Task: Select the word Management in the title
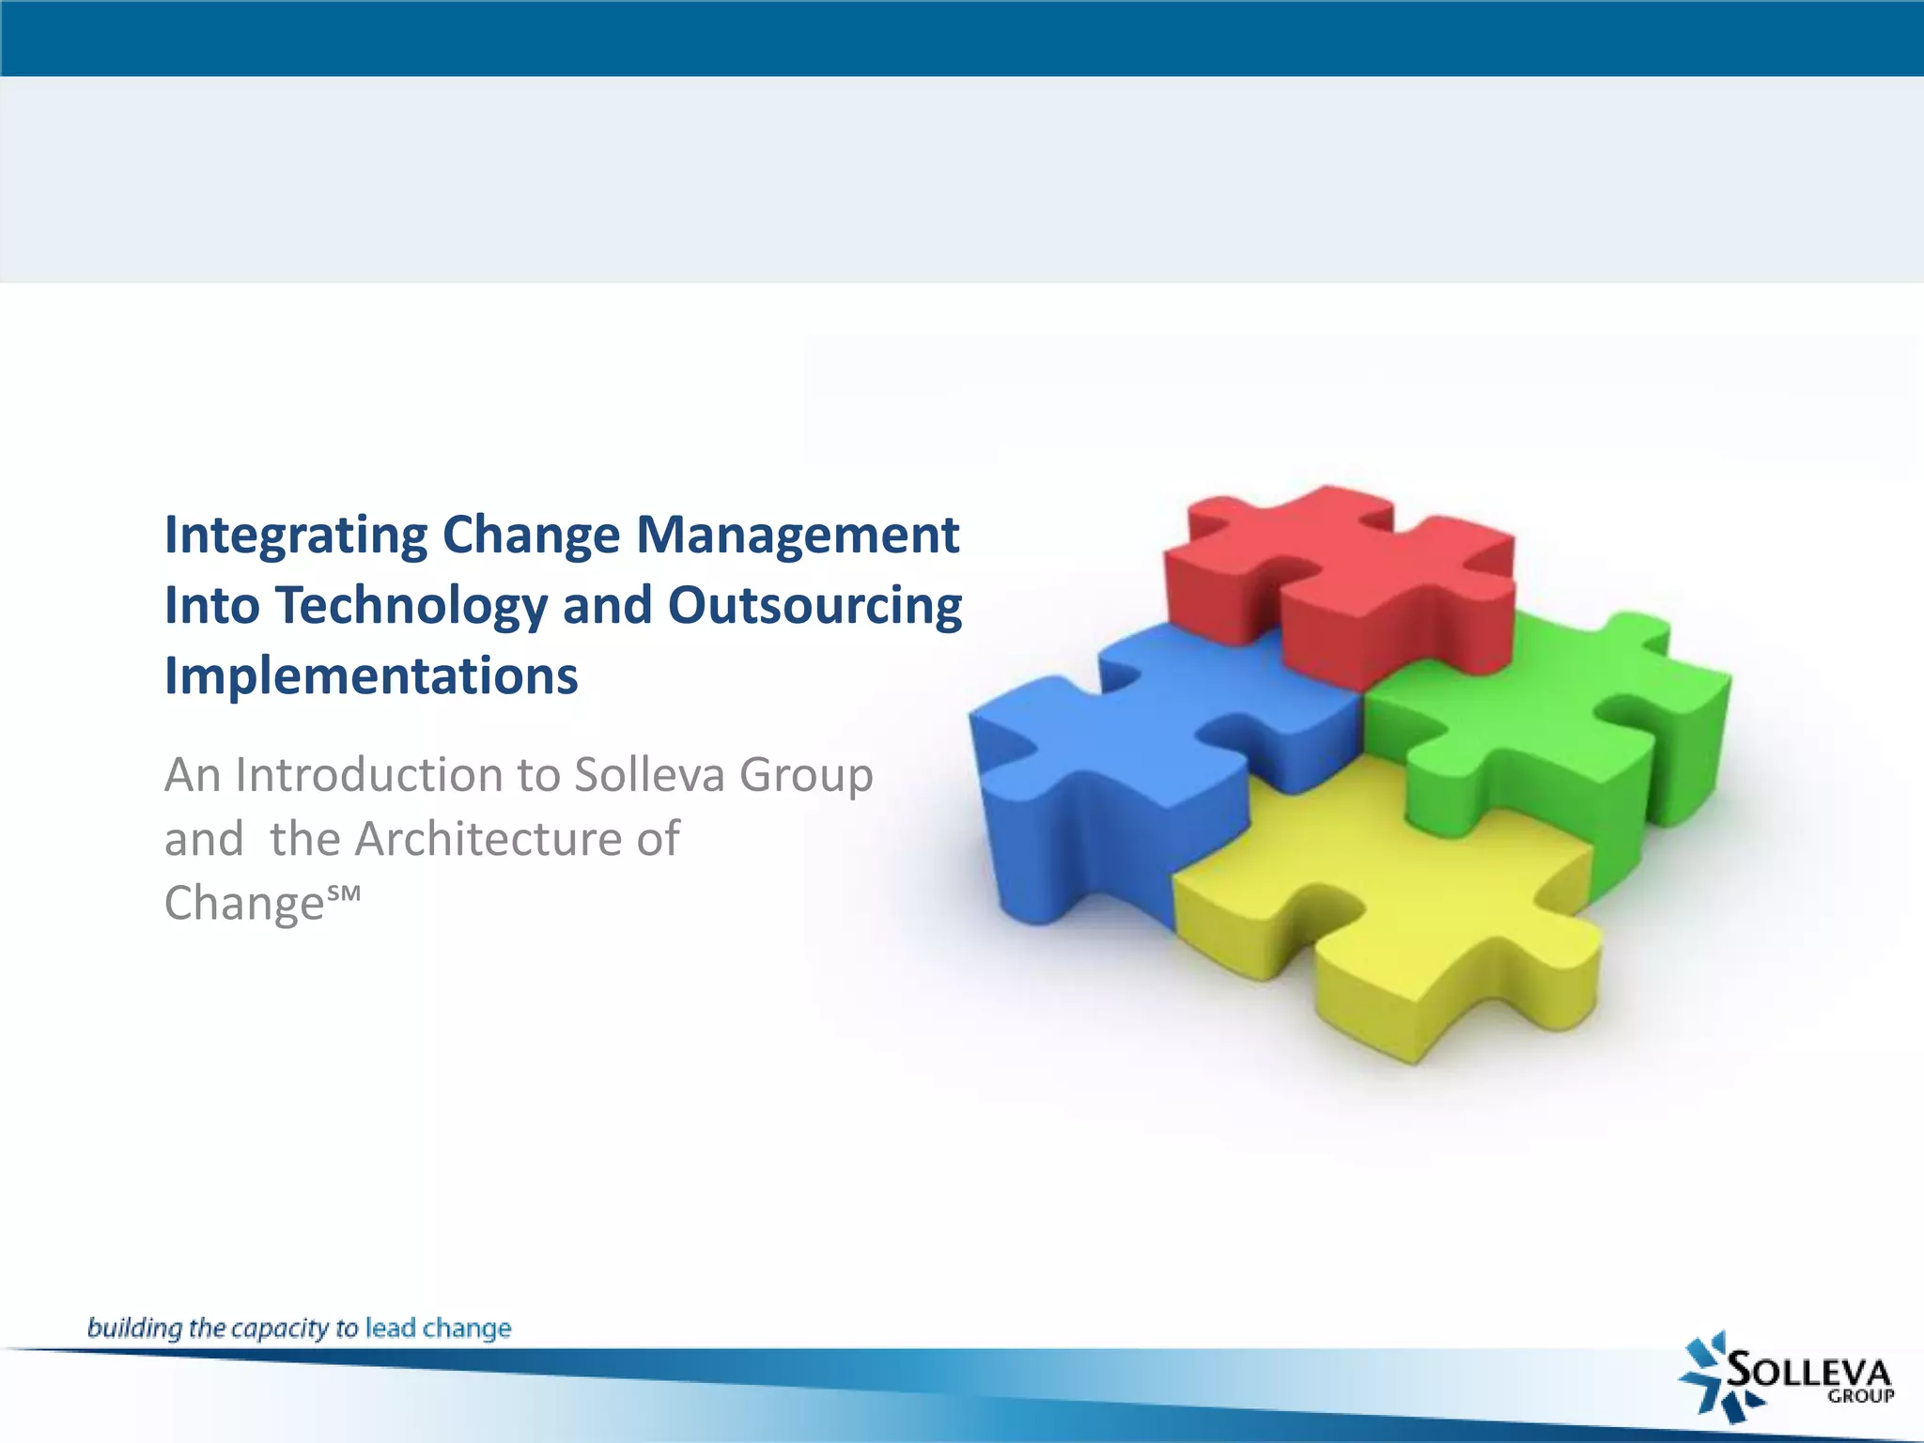coord(798,535)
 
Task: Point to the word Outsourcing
coord(815,606)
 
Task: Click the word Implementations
coord(371,676)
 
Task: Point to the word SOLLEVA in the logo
coord(1808,1371)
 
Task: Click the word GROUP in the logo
coord(1860,1397)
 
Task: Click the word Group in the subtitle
coord(806,776)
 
